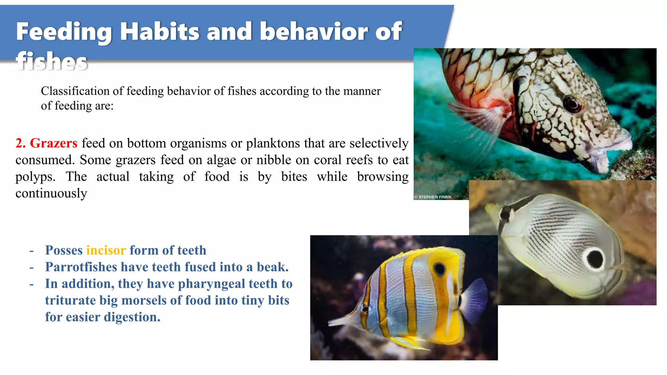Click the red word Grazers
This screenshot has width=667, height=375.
click(x=53, y=143)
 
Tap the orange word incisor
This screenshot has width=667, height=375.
click(x=106, y=250)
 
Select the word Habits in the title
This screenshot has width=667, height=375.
click(x=160, y=32)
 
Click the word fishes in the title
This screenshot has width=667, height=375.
click(x=52, y=61)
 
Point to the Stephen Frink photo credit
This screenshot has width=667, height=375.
click(x=433, y=197)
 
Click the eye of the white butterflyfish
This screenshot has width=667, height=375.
click(x=505, y=214)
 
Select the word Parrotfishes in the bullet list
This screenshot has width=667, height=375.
click(x=81, y=267)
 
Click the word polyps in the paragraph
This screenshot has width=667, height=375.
click(x=35, y=177)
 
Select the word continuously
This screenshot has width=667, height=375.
click(x=51, y=193)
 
